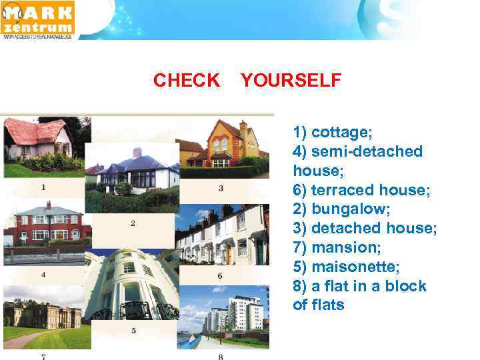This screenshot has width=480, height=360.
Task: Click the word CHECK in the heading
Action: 186,81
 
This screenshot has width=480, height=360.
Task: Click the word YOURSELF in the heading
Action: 291,81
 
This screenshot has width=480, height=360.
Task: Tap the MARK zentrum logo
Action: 39,20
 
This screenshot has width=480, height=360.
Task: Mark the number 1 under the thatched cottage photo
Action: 43,187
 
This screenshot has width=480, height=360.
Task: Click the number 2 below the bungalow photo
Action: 133,223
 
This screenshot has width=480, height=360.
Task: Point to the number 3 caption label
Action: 221,189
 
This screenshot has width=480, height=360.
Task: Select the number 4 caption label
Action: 43,274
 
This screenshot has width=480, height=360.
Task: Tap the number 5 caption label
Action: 133,330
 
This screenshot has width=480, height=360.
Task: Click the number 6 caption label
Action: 220,275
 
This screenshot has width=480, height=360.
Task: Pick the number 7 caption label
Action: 43,356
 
